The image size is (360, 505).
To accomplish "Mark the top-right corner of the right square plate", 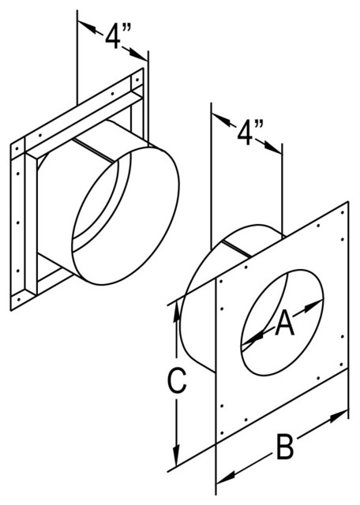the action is [348, 203].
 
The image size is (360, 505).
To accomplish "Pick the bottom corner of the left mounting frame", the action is [16, 306].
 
